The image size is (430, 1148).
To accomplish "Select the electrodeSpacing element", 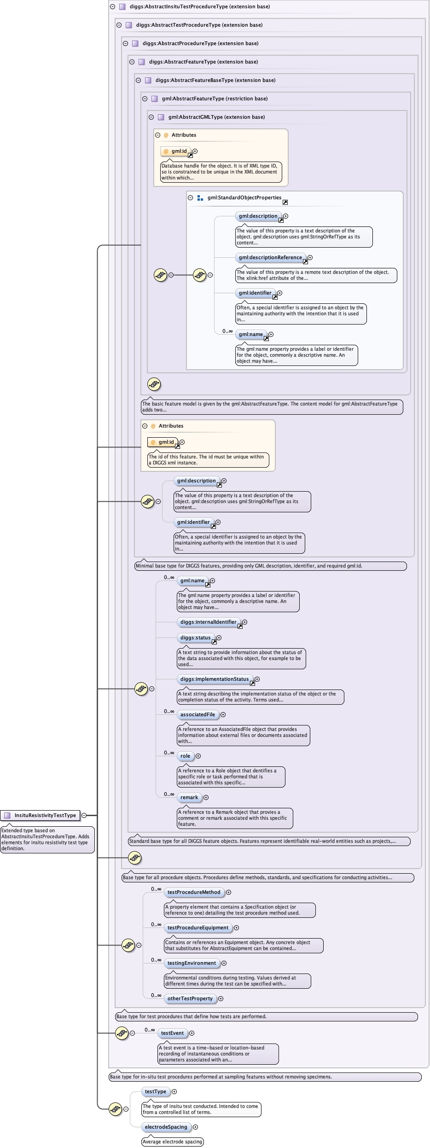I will point(166,1127).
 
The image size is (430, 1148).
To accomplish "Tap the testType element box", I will point(156,1091).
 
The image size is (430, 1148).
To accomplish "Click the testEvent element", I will point(172,1033).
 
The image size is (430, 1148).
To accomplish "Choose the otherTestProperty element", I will point(190,998).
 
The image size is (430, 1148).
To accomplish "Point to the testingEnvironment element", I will point(192,963).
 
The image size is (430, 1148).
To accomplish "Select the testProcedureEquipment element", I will point(198,928).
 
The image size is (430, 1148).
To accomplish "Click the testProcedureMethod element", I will point(194,892).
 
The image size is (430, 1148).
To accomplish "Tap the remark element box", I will point(189,797).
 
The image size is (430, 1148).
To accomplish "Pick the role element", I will point(185,756).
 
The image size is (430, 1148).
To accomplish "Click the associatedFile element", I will point(198,714).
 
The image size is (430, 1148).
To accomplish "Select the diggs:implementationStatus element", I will point(215,679).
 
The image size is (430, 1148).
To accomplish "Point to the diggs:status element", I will point(196,638).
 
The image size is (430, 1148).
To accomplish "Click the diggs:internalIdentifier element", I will point(208,622).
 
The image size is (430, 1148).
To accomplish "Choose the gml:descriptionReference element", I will point(270,257).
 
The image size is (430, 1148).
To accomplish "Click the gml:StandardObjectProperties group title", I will point(244,197).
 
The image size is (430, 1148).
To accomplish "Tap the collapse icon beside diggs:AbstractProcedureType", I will point(125,43).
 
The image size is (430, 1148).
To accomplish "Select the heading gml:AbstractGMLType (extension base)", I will point(216,117).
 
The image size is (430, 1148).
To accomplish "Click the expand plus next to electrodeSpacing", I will point(196,1127).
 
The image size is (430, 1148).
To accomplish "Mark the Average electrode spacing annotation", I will point(173,1142).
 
